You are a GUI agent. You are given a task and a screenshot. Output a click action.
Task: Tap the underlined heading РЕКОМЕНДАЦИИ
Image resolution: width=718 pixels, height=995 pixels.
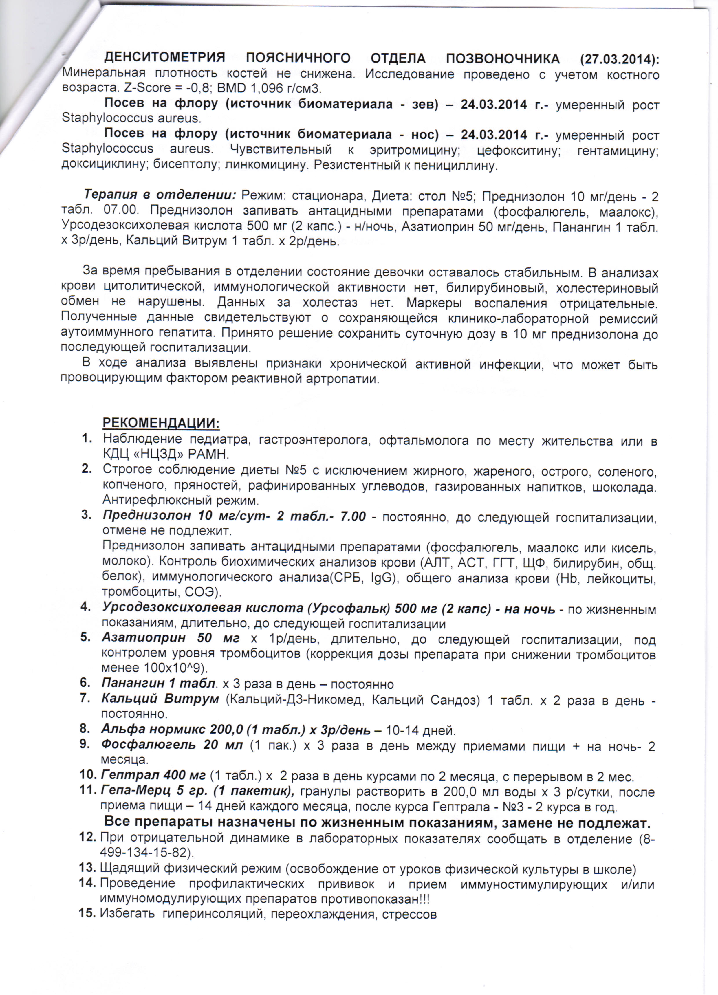(161, 423)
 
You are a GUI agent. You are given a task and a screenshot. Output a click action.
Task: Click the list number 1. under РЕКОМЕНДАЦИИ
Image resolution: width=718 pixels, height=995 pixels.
(87, 438)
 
